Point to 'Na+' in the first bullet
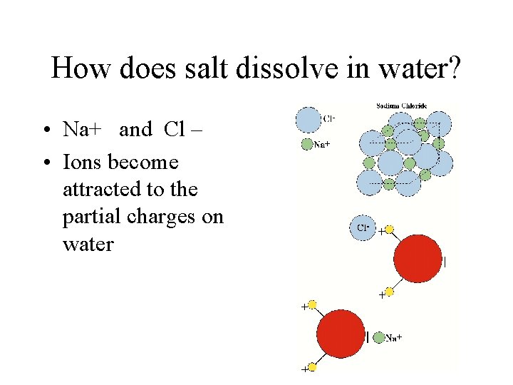83,130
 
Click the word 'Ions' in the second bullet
83,163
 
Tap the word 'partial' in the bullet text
91,217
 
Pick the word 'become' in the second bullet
143,163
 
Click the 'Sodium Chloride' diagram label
406,106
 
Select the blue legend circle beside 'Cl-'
309,120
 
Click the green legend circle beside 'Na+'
306,144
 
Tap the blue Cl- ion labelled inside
361,227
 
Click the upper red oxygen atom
418,258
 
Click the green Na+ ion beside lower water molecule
378,337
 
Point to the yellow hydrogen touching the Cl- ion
389,230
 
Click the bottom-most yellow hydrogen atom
312,366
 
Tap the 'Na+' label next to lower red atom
394,338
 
